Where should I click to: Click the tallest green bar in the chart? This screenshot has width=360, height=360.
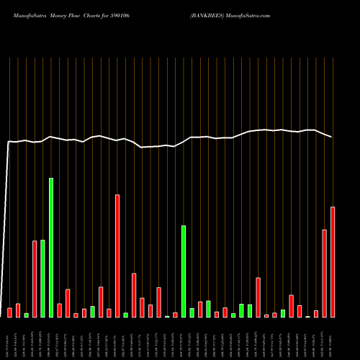click(51, 248)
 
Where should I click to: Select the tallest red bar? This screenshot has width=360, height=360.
click(117, 256)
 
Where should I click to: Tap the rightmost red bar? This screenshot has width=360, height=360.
click(333, 262)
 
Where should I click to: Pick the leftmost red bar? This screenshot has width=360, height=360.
click(10, 312)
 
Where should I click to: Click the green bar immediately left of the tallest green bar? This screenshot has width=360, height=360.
click(42, 278)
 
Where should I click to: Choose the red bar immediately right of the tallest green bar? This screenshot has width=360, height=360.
click(59, 310)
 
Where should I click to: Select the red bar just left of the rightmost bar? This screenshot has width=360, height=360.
click(325, 274)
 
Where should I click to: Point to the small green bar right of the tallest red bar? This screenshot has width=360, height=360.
click(125, 315)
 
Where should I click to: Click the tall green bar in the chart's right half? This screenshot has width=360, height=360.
click(184, 271)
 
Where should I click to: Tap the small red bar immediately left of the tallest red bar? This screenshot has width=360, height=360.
click(109, 313)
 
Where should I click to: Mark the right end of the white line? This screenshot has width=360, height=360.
click(332, 137)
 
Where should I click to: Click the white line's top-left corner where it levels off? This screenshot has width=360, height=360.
click(9, 142)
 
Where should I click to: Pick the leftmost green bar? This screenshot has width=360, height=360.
click(27, 315)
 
